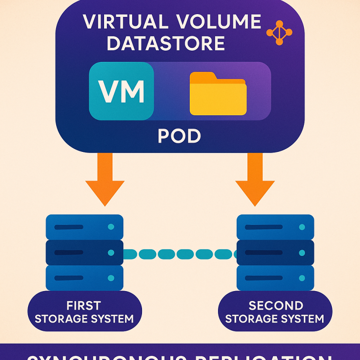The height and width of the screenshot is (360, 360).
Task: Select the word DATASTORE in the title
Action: pos(165,44)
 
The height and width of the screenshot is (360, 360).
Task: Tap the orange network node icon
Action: pos(279,33)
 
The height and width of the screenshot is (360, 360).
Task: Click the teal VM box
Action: pos(121,91)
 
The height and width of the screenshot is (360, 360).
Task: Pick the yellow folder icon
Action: pos(218,94)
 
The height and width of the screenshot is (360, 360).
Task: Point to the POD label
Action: pos(180,136)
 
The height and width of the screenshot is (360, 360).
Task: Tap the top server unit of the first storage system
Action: pos(84,227)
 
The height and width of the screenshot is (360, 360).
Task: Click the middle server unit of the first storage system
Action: pos(84,253)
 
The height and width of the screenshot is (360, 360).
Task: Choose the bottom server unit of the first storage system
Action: pos(84,278)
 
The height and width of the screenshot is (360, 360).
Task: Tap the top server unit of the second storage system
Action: pos(276,227)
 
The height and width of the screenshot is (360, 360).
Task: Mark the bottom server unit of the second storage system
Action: pos(276,278)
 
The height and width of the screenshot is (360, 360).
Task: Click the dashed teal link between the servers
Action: pos(180,254)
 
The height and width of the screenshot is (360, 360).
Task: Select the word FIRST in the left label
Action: pos(84,306)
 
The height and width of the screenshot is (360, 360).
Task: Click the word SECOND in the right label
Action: pos(276,306)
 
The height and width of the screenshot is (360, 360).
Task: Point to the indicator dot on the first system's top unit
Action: pos(111,227)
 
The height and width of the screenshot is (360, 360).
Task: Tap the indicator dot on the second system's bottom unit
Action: pos(301,278)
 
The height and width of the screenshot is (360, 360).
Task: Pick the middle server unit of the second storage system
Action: pos(276,253)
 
